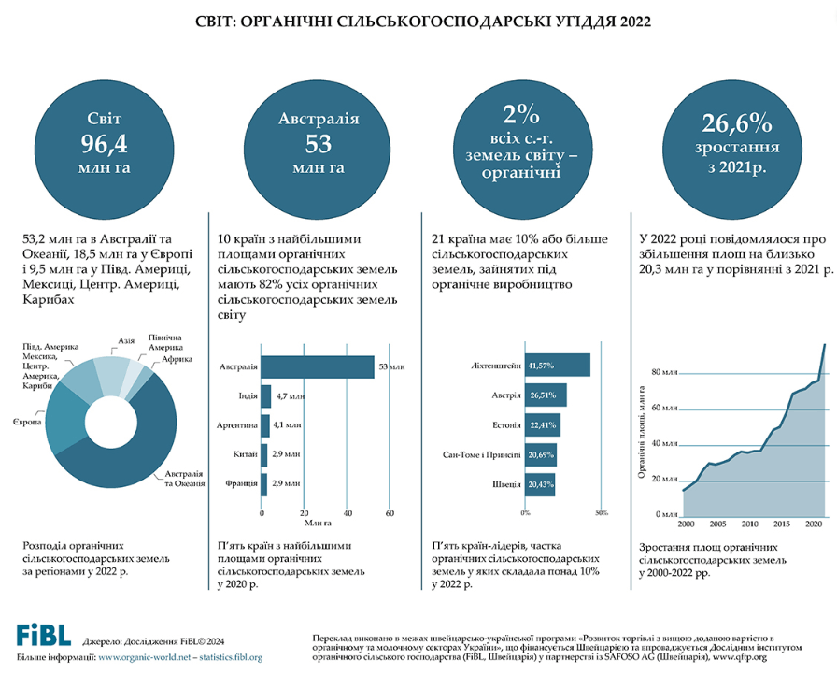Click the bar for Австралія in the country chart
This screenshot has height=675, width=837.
318,367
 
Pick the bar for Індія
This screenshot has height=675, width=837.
266,397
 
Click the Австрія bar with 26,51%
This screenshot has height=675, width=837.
546,395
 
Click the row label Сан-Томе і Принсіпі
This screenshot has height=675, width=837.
482,455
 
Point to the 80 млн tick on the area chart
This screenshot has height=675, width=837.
661,372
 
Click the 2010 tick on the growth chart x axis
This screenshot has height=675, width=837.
749,524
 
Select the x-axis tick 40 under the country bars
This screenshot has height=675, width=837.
348,513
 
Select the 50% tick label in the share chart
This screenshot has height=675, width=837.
602,512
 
